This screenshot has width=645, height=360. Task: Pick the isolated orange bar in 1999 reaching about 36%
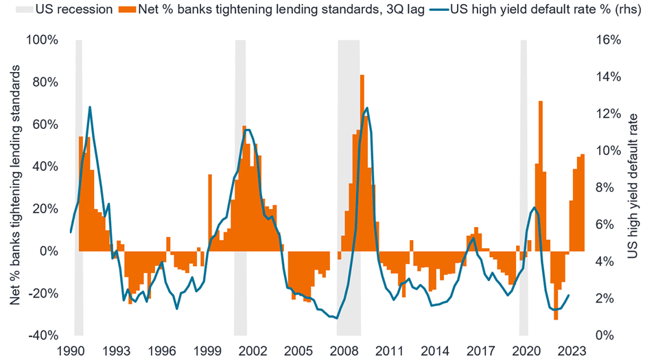(210, 213)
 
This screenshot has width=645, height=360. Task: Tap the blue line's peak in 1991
(90, 107)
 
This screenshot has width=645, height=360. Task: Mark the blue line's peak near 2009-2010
(368, 108)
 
